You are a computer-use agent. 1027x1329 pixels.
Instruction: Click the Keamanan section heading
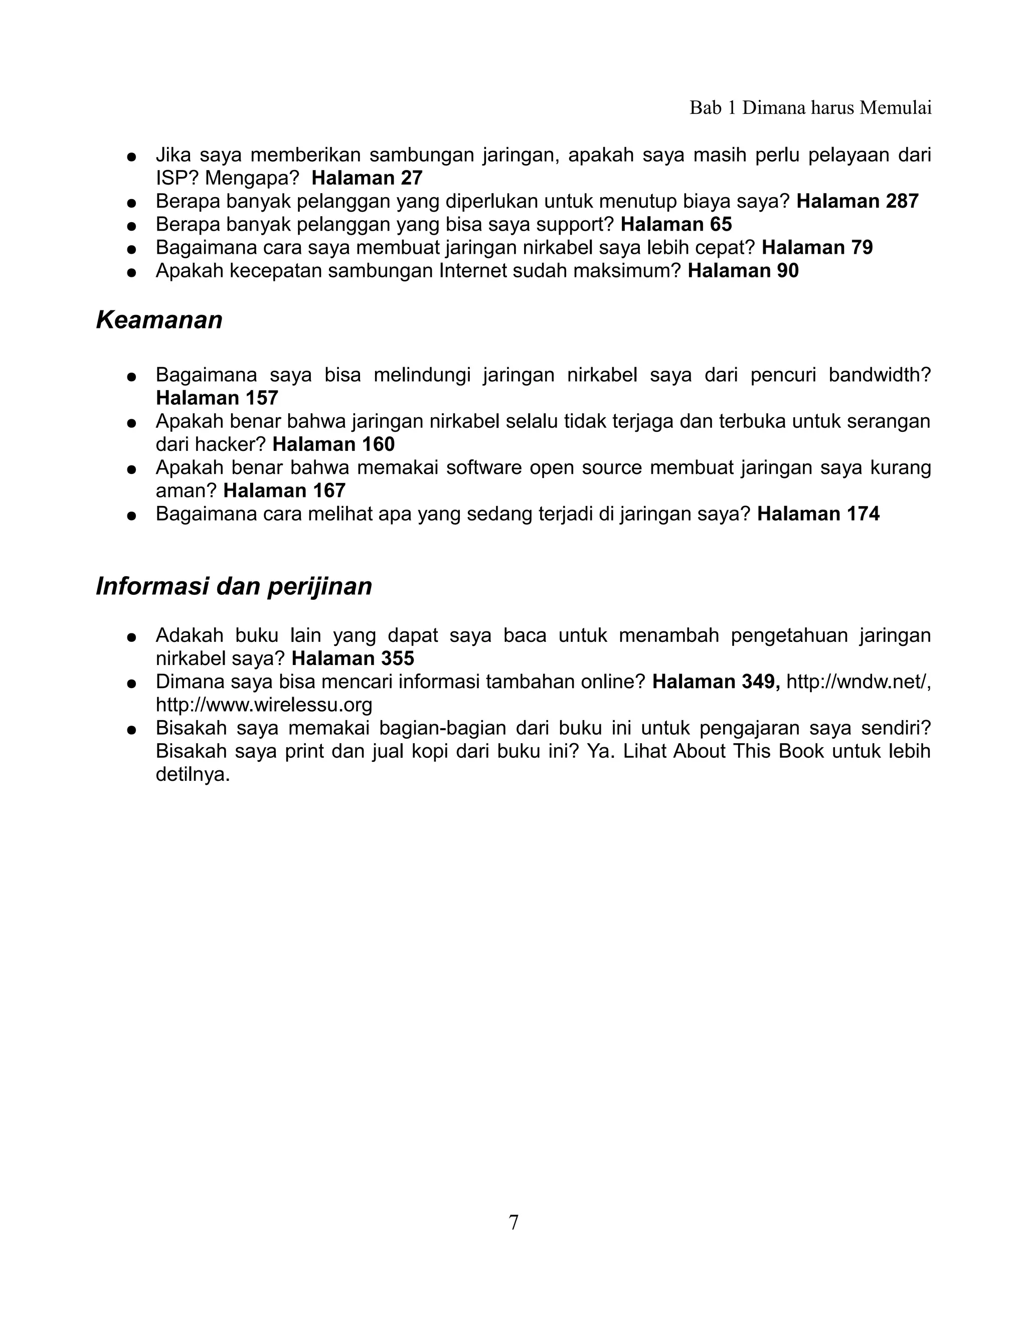point(159,320)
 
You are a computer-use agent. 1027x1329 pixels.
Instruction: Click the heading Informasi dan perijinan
point(234,586)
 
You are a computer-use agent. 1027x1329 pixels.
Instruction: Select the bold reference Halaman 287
point(857,202)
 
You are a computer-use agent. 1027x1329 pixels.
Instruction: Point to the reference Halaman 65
point(676,225)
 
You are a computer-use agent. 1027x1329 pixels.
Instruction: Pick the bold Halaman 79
point(816,248)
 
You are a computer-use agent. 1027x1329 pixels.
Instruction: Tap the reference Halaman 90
point(743,271)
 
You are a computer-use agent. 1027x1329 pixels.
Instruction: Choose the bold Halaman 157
point(217,398)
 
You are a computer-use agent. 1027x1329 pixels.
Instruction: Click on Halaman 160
point(333,444)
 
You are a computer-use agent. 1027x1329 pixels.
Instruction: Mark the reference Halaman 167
point(284,490)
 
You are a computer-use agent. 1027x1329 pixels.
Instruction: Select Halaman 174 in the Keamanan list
point(818,514)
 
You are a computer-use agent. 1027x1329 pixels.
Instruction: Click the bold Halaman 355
point(353,658)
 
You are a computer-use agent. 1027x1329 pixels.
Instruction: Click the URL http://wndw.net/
point(858,682)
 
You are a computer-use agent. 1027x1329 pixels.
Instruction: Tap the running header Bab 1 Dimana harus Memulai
point(810,108)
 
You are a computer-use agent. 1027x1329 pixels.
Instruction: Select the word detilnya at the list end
point(192,775)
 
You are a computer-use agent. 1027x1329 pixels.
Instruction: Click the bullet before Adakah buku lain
point(130,637)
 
